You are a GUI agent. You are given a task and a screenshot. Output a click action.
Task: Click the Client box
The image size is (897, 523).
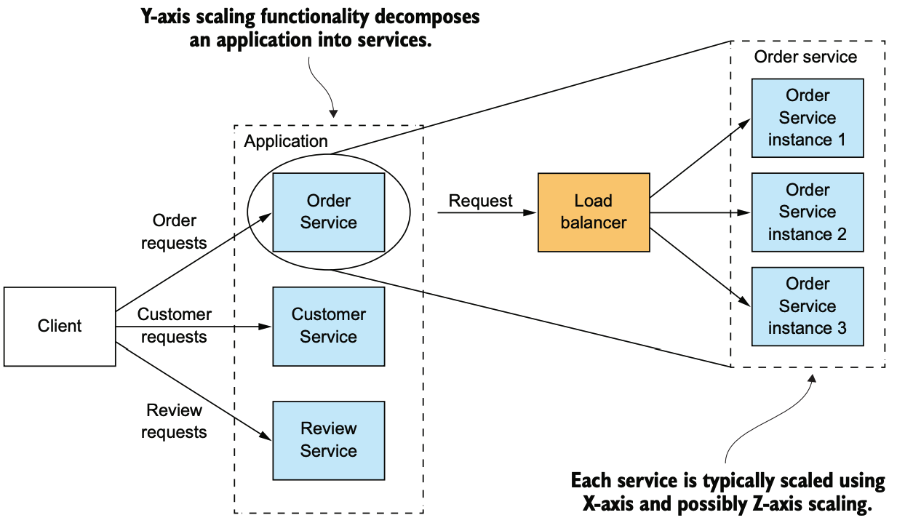(x=60, y=327)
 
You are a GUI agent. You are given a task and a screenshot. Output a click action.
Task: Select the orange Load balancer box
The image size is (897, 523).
(x=594, y=212)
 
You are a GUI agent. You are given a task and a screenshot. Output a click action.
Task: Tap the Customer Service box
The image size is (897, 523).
(x=328, y=327)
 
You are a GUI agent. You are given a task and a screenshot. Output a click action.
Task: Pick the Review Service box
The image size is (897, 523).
(x=328, y=441)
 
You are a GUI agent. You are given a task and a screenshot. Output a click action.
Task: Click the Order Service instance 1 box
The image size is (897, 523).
(x=808, y=118)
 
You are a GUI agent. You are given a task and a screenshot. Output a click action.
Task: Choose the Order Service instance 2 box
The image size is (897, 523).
(x=808, y=212)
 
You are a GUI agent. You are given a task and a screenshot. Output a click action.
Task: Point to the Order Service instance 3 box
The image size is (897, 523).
(x=808, y=306)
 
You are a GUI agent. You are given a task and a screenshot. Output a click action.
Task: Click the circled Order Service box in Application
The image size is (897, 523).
(x=328, y=212)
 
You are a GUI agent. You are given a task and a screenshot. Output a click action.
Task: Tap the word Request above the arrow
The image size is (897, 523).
(x=480, y=201)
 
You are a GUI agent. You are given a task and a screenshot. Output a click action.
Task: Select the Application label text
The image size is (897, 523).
(x=286, y=141)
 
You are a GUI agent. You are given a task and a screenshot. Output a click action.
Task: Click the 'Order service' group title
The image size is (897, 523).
(x=805, y=57)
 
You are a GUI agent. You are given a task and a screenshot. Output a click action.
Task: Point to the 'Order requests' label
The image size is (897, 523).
(x=174, y=231)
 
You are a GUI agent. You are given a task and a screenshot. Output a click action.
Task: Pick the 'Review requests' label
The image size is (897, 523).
(x=174, y=421)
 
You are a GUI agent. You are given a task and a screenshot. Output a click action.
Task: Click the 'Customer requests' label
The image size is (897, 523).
(x=174, y=326)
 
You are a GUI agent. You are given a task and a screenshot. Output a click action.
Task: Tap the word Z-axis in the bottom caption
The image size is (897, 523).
(x=778, y=504)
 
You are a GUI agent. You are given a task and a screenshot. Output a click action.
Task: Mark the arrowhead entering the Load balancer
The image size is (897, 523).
(x=530, y=212)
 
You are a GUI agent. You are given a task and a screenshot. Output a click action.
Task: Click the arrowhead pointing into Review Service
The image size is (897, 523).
(x=266, y=436)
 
